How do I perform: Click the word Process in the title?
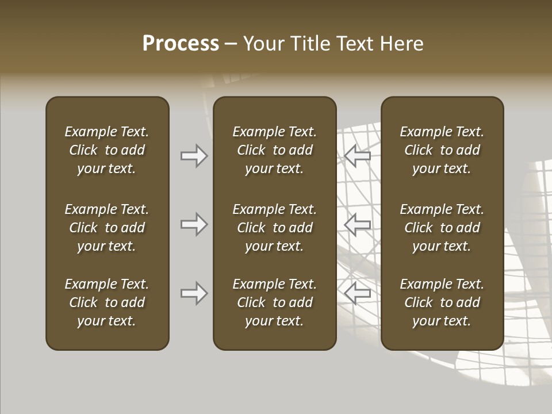tap(181, 44)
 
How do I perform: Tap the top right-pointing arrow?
tap(194, 156)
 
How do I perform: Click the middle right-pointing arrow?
tap(194, 224)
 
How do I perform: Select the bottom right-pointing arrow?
tap(194, 293)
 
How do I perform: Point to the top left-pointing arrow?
tap(358, 156)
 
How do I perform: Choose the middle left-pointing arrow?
tap(358, 224)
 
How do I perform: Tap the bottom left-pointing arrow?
tap(358, 293)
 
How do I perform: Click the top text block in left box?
tap(107, 150)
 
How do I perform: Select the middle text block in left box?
tap(107, 228)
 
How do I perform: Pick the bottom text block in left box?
tap(107, 302)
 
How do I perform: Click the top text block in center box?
tap(274, 150)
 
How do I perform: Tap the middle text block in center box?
tap(274, 228)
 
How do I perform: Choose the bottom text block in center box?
tap(274, 302)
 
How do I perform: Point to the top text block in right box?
tap(442, 150)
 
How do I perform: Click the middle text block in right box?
tap(442, 228)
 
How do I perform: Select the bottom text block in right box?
tap(442, 302)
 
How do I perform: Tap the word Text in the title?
tap(355, 44)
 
